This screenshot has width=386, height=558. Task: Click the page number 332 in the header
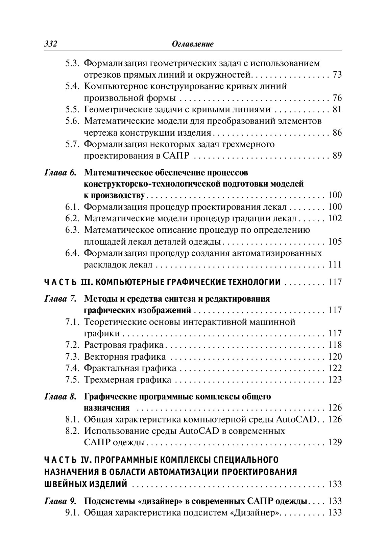click(51, 44)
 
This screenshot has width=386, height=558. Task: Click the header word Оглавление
click(193, 44)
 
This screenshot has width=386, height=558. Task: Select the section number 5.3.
click(72, 63)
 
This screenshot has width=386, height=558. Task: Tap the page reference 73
click(337, 75)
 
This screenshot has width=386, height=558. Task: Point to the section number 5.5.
click(72, 109)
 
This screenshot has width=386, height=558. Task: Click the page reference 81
click(337, 109)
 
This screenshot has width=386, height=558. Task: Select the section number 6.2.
click(72, 218)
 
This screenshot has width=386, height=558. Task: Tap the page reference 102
click(335, 218)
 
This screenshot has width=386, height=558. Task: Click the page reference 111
click(335, 264)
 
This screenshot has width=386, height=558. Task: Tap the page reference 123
click(335, 380)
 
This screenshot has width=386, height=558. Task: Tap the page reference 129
click(335, 442)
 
